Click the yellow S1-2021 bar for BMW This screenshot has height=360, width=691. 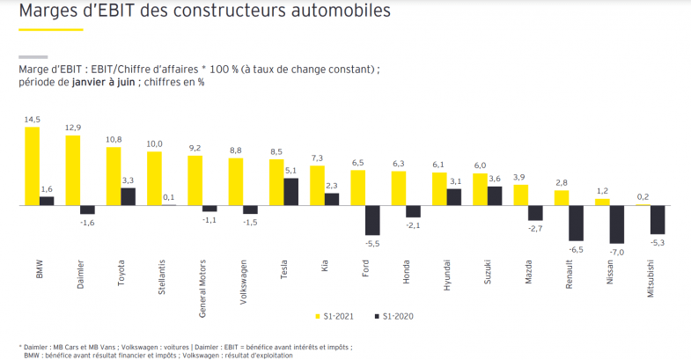coord(32,165)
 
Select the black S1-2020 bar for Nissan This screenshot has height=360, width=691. coord(618,224)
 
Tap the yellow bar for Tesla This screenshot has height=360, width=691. coord(276,182)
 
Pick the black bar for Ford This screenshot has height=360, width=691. coord(372,220)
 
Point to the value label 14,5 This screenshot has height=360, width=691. coord(32,119)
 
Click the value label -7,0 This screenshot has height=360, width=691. coord(618,252)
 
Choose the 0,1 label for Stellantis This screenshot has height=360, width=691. coord(168,197)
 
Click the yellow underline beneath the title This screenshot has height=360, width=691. coord(51,31)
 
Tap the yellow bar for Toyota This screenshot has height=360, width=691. coord(113,176)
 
